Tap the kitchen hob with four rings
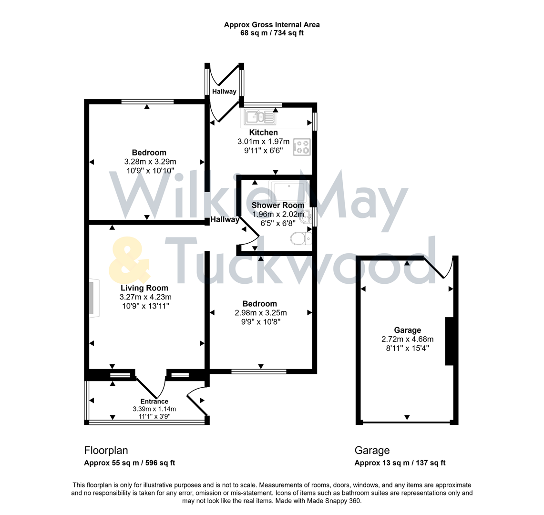(302, 147)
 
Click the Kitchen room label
(263, 133)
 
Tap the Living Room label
(144, 288)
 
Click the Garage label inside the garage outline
(407, 330)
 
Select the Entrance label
(154, 402)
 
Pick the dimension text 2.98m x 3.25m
(260, 313)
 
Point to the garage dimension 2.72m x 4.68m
(407, 339)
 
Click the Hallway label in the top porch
(224, 91)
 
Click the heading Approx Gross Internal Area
(272, 25)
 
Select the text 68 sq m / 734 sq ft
(272, 33)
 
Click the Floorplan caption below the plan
(106, 451)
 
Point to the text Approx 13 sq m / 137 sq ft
(400, 463)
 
